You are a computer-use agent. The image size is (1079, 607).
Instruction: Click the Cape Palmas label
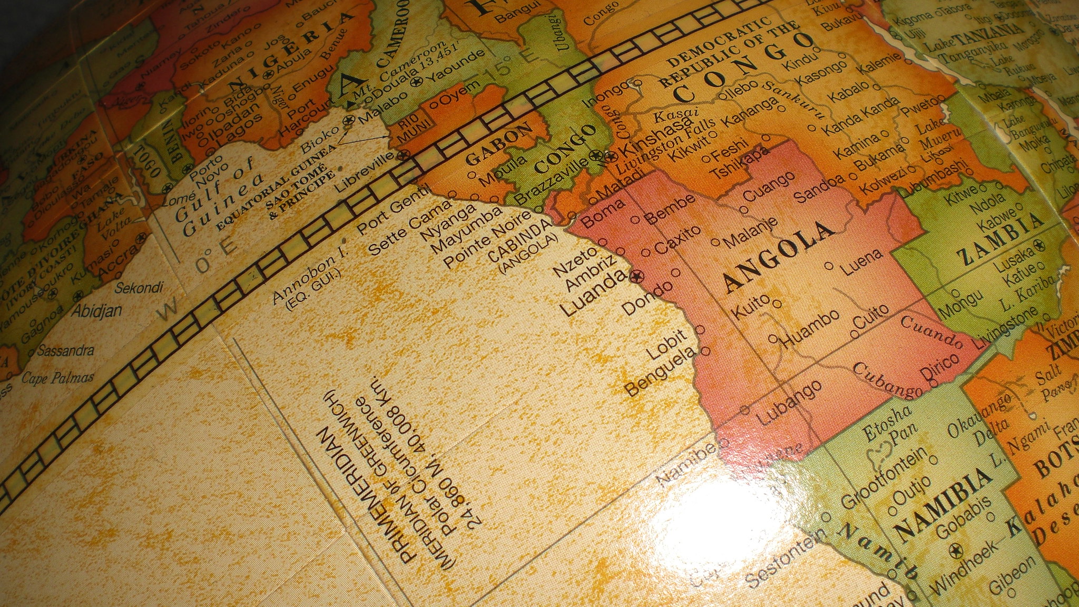[x=58, y=377]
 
